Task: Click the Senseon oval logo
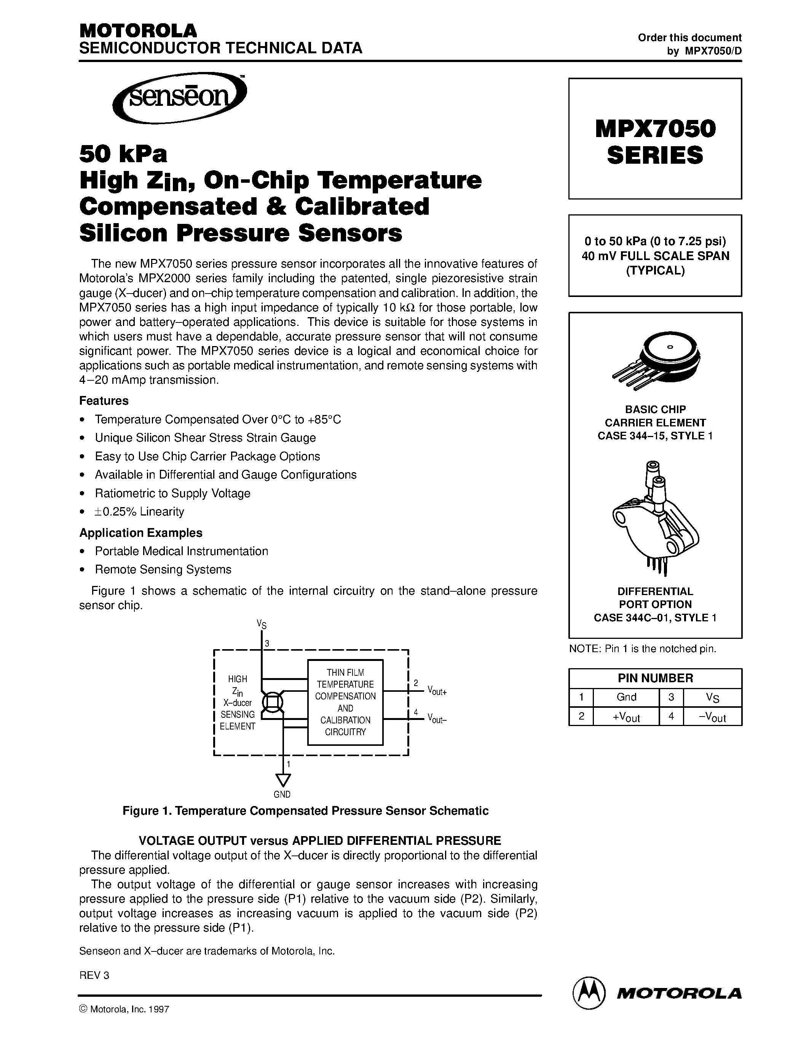point(179,98)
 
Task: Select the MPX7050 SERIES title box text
point(655,141)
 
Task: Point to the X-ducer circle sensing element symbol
point(272,703)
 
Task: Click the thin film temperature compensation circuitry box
point(345,702)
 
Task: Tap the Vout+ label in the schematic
point(437,691)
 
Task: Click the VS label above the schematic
point(261,624)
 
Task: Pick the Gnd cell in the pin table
point(626,697)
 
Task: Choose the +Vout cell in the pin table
point(626,717)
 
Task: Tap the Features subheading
point(104,401)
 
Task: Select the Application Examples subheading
point(141,533)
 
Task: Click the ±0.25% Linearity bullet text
point(139,512)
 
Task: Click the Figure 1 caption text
point(305,811)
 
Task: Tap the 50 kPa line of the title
point(123,154)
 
